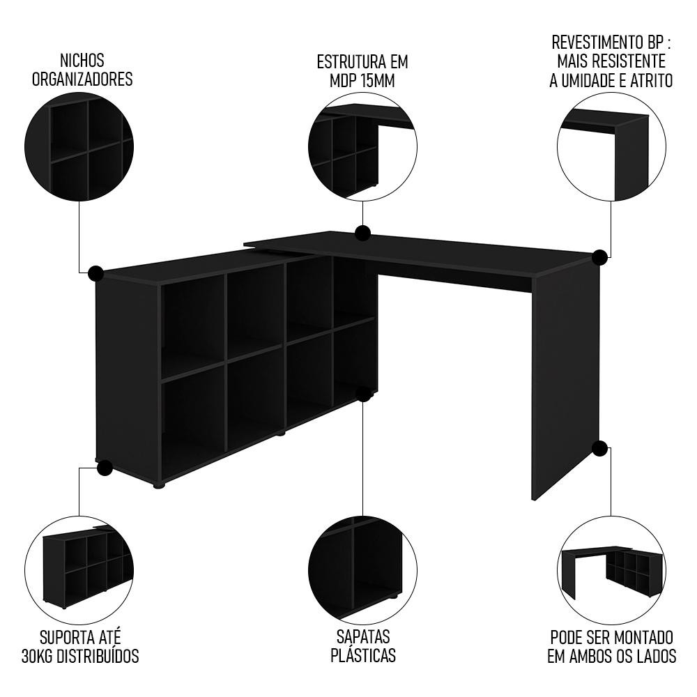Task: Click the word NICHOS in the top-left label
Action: tap(82, 61)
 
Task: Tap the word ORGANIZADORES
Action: tap(82, 79)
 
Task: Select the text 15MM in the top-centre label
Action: tap(378, 82)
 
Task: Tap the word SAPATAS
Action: tap(363, 636)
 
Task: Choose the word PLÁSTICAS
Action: tap(363, 655)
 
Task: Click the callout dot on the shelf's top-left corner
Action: tap(95, 274)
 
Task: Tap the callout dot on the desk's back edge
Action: tap(363, 233)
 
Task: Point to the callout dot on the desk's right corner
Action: tap(599, 257)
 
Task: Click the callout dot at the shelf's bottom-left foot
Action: tap(105, 468)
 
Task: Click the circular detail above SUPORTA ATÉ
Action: tap(79, 570)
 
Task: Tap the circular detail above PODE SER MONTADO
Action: tap(612, 570)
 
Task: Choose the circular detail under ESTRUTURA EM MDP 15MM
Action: tap(362, 147)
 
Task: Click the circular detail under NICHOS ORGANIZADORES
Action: tap(79, 147)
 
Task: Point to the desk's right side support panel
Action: tap(565, 382)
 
